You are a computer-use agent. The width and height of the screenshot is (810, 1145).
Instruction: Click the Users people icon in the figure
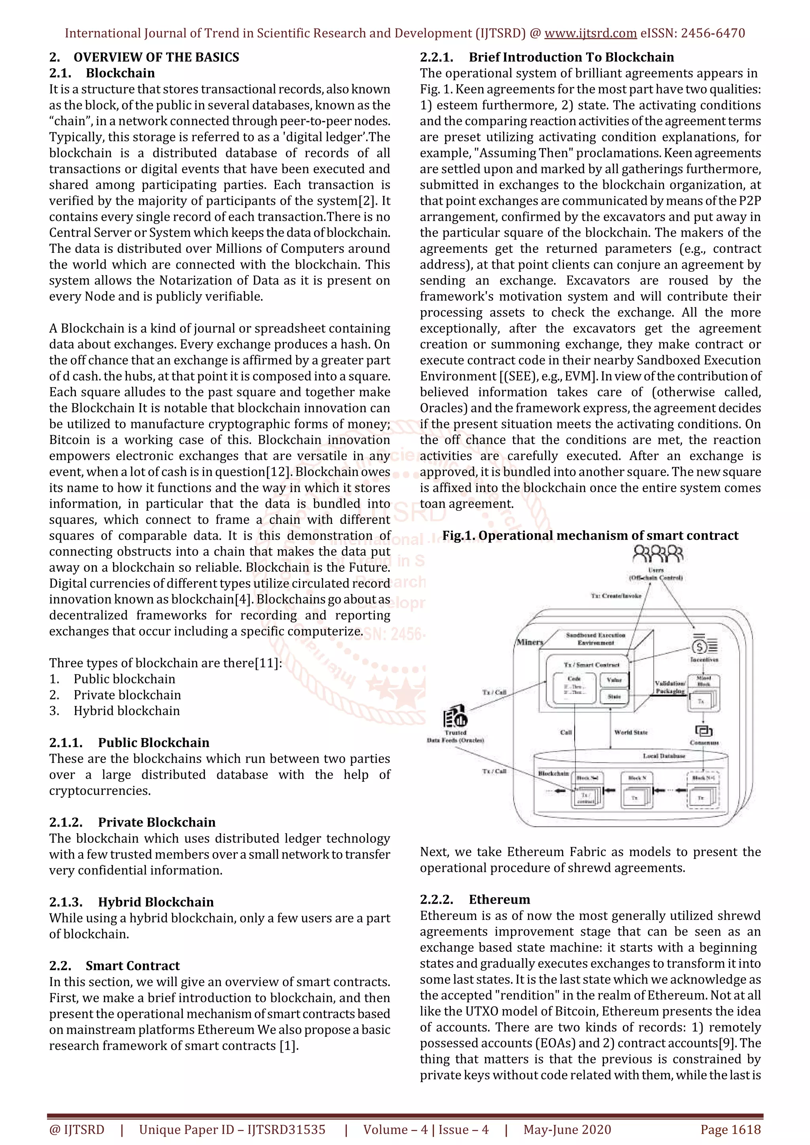click(657, 554)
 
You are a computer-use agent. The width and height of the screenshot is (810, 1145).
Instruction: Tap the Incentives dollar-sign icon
click(703, 646)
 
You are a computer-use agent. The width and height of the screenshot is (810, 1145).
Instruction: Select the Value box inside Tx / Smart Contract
click(614, 680)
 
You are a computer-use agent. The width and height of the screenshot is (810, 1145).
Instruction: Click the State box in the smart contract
click(614, 697)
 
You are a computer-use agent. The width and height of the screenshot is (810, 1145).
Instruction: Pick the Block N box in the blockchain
click(637, 791)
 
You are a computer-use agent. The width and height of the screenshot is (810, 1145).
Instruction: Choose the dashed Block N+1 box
click(703, 791)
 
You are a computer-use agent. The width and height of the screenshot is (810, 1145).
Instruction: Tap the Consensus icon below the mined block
click(704, 731)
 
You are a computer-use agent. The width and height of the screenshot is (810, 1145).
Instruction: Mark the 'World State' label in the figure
click(631, 732)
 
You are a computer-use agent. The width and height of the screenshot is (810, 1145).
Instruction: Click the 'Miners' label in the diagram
click(530, 642)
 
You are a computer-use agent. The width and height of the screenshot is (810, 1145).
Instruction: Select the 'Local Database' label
click(664, 756)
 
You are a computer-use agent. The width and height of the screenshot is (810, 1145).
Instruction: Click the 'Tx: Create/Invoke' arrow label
click(616, 595)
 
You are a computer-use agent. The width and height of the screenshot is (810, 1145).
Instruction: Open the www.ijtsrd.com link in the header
click(590, 34)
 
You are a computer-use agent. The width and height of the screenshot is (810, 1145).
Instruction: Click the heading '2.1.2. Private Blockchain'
click(132, 822)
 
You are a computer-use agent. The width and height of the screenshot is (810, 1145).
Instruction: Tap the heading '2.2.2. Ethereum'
click(475, 899)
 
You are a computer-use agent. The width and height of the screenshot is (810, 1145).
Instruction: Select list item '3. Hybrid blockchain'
click(115, 711)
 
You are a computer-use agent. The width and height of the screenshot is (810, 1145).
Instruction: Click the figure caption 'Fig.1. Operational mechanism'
click(590, 536)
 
